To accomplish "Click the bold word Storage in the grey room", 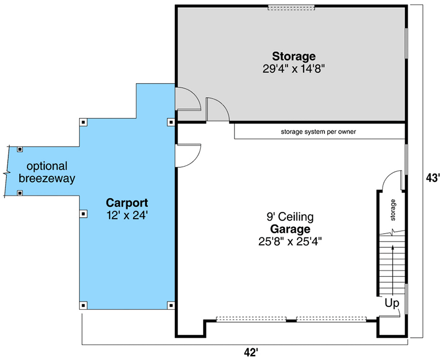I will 294,56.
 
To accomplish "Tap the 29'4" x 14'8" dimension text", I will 294,68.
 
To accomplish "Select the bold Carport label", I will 127,203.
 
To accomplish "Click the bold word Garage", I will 290,229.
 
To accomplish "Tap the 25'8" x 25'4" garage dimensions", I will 290,241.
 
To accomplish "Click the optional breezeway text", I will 47,172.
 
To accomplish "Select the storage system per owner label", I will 318,132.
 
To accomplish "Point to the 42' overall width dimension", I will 251,353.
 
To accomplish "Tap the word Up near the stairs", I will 392,303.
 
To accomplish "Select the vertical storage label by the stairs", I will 393,209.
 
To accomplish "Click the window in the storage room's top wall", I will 291,7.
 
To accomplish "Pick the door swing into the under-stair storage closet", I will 391,182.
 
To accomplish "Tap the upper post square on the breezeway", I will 20,149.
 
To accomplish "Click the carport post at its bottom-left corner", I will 83,305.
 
